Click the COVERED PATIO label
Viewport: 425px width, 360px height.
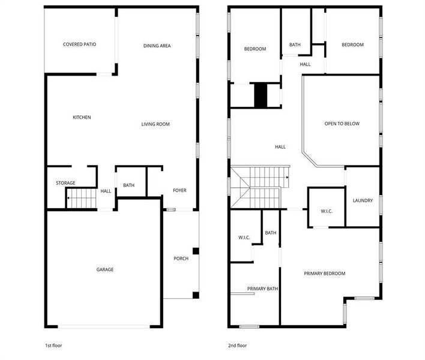tap(80, 44)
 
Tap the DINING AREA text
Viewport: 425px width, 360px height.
tap(157, 46)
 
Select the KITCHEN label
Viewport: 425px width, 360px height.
tap(82, 118)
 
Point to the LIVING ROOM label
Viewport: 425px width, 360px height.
tap(155, 124)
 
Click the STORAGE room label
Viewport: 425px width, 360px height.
tap(65, 183)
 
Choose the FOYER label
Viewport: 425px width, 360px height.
tap(179, 190)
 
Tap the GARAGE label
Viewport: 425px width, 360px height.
tap(104, 269)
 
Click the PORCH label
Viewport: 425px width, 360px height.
tap(181, 259)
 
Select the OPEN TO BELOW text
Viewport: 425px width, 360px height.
tap(342, 124)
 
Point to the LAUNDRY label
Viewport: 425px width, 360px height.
tap(363, 201)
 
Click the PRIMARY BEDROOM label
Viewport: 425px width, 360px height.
tap(324, 274)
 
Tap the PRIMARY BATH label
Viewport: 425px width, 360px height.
tap(263, 289)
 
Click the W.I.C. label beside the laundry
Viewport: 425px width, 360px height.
tap(327, 211)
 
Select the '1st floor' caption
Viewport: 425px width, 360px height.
tap(53, 346)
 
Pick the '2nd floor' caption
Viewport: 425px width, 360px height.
tap(237, 346)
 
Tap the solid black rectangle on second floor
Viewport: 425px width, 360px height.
tap(261, 95)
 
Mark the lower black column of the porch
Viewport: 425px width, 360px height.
tap(196, 295)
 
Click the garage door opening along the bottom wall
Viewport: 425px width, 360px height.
tap(104, 326)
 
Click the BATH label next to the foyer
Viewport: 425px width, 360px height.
tap(128, 185)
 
